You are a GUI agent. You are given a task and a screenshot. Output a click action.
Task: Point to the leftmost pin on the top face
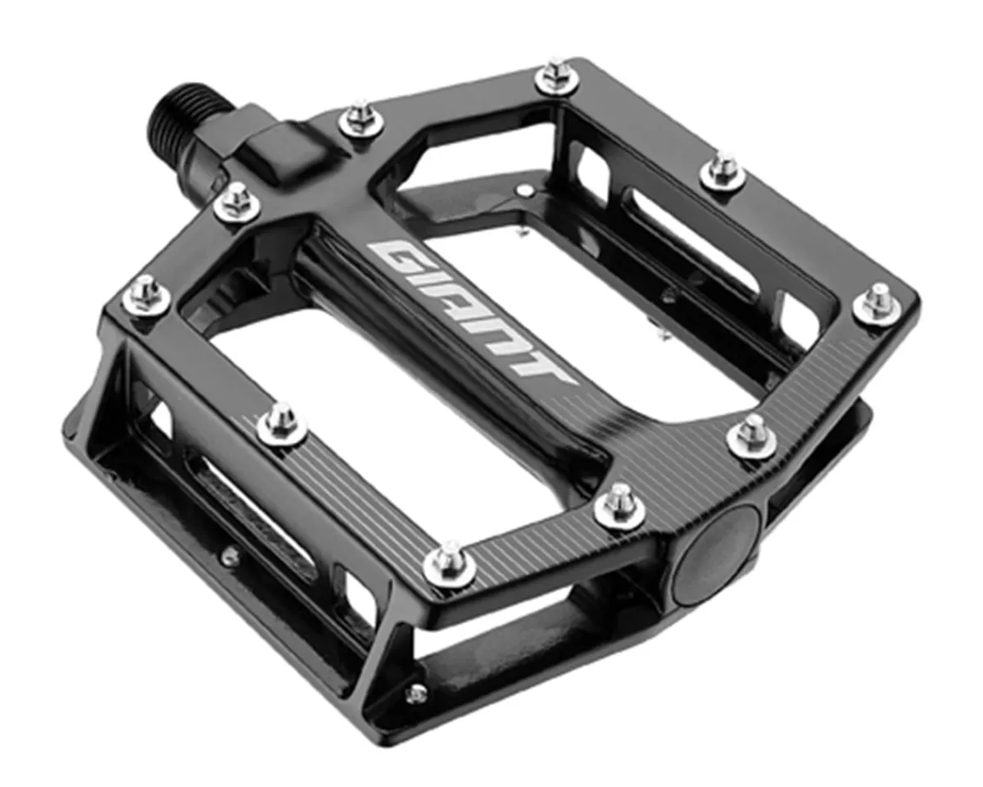click(146, 296)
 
